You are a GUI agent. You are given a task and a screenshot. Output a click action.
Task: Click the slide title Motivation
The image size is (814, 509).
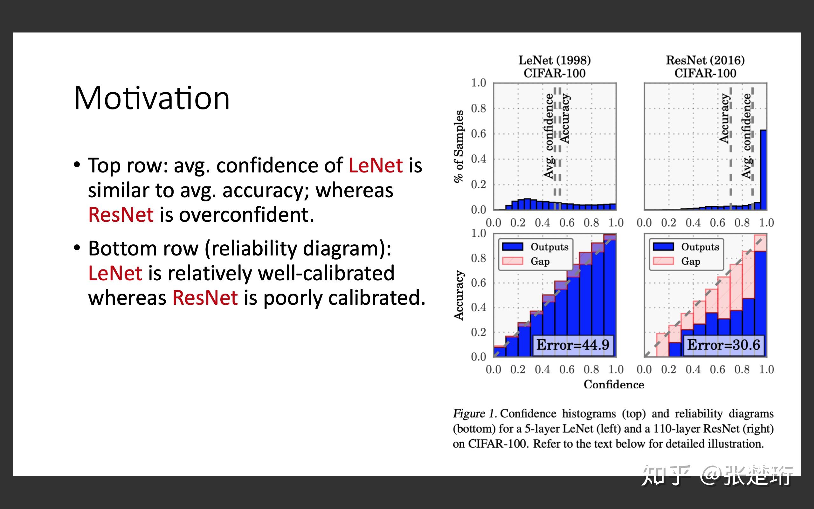tap(152, 98)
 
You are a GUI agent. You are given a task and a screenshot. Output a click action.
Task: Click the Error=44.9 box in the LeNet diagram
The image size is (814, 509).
tap(573, 345)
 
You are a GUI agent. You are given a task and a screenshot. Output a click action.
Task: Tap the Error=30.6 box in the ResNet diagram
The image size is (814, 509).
tap(723, 345)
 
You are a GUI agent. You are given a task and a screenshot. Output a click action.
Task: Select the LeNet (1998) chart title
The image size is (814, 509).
tap(554, 60)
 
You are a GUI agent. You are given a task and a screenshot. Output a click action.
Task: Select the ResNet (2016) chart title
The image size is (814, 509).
tap(705, 60)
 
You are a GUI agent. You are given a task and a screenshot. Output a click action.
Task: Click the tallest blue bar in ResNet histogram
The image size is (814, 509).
tap(763, 170)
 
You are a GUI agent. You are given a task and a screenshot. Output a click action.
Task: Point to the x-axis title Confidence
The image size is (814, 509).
tap(614, 384)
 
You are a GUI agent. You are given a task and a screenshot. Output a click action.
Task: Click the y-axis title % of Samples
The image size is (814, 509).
tap(459, 146)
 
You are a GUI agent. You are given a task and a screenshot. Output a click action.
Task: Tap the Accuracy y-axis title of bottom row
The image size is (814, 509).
tap(459, 295)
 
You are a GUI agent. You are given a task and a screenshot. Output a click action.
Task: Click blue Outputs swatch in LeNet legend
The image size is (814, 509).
tap(513, 247)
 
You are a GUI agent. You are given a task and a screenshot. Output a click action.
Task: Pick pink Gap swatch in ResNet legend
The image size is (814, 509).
tap(663, 261)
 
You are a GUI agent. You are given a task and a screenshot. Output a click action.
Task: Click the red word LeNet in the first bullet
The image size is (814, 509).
tap(376, 166)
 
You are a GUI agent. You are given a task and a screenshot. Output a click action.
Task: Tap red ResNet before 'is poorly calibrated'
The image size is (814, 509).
tap(205, 298)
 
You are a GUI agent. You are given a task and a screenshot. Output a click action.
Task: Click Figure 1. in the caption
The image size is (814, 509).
tap(475, 413)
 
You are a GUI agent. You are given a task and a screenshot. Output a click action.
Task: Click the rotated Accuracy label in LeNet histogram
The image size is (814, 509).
tap(565, 118)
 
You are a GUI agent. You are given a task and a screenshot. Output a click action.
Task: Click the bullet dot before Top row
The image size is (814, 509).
tap(77, 165)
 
